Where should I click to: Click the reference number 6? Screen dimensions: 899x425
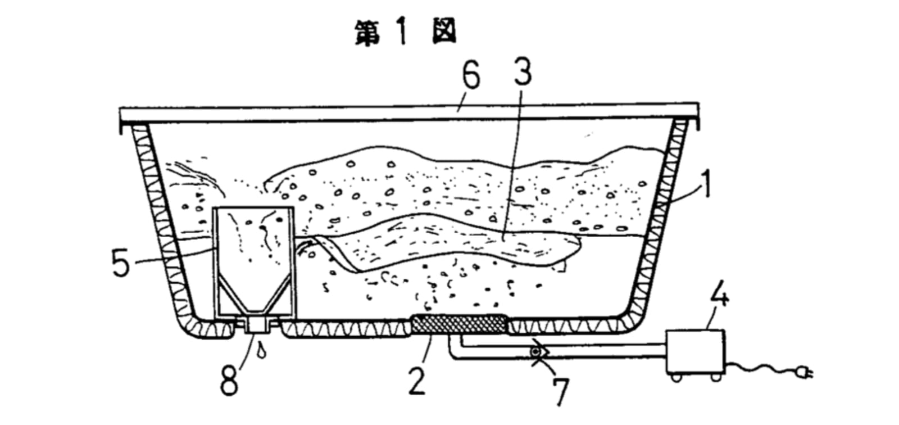point(471,75)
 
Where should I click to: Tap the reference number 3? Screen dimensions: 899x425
point(523,71)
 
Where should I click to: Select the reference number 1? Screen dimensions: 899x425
point(706,184)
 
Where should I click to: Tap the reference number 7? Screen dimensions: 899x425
point(561,391)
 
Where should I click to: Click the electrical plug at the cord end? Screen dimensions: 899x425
point(804,373)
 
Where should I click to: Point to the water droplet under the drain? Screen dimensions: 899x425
point(262,350)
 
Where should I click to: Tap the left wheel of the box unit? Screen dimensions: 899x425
point(676,377)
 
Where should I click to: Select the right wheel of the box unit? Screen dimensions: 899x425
point(716,377)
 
